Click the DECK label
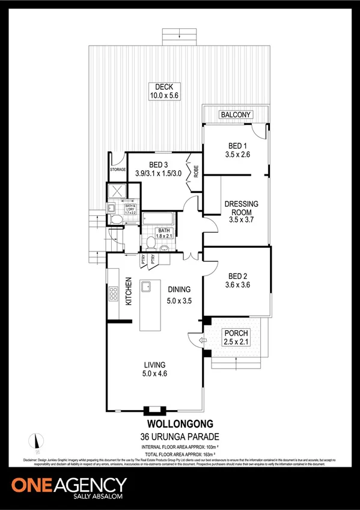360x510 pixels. pos(159,86)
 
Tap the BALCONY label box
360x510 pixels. pos(236,114)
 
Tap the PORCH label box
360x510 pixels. pos(236,333)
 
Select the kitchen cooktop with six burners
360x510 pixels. pos(113,295)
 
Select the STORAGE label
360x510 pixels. pos(118,170)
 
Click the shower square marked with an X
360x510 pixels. pos(115,192)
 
